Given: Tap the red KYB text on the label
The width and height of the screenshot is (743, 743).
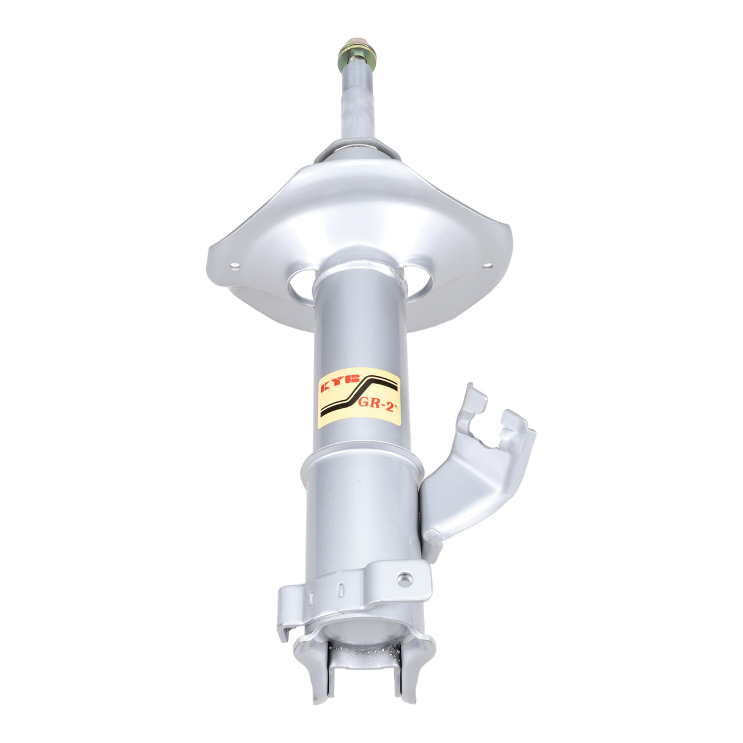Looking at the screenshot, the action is pos(339,386).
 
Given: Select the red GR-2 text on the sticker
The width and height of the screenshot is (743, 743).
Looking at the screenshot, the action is pos(376,403).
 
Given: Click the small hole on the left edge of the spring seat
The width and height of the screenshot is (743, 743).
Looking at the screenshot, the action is pos(234,265).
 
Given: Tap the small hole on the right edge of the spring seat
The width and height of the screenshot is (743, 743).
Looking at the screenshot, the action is pos(487,266).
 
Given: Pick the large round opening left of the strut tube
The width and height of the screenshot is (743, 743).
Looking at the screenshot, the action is pos(302,286).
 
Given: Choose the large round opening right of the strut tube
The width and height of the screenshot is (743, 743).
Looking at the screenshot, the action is pos(419,282).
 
